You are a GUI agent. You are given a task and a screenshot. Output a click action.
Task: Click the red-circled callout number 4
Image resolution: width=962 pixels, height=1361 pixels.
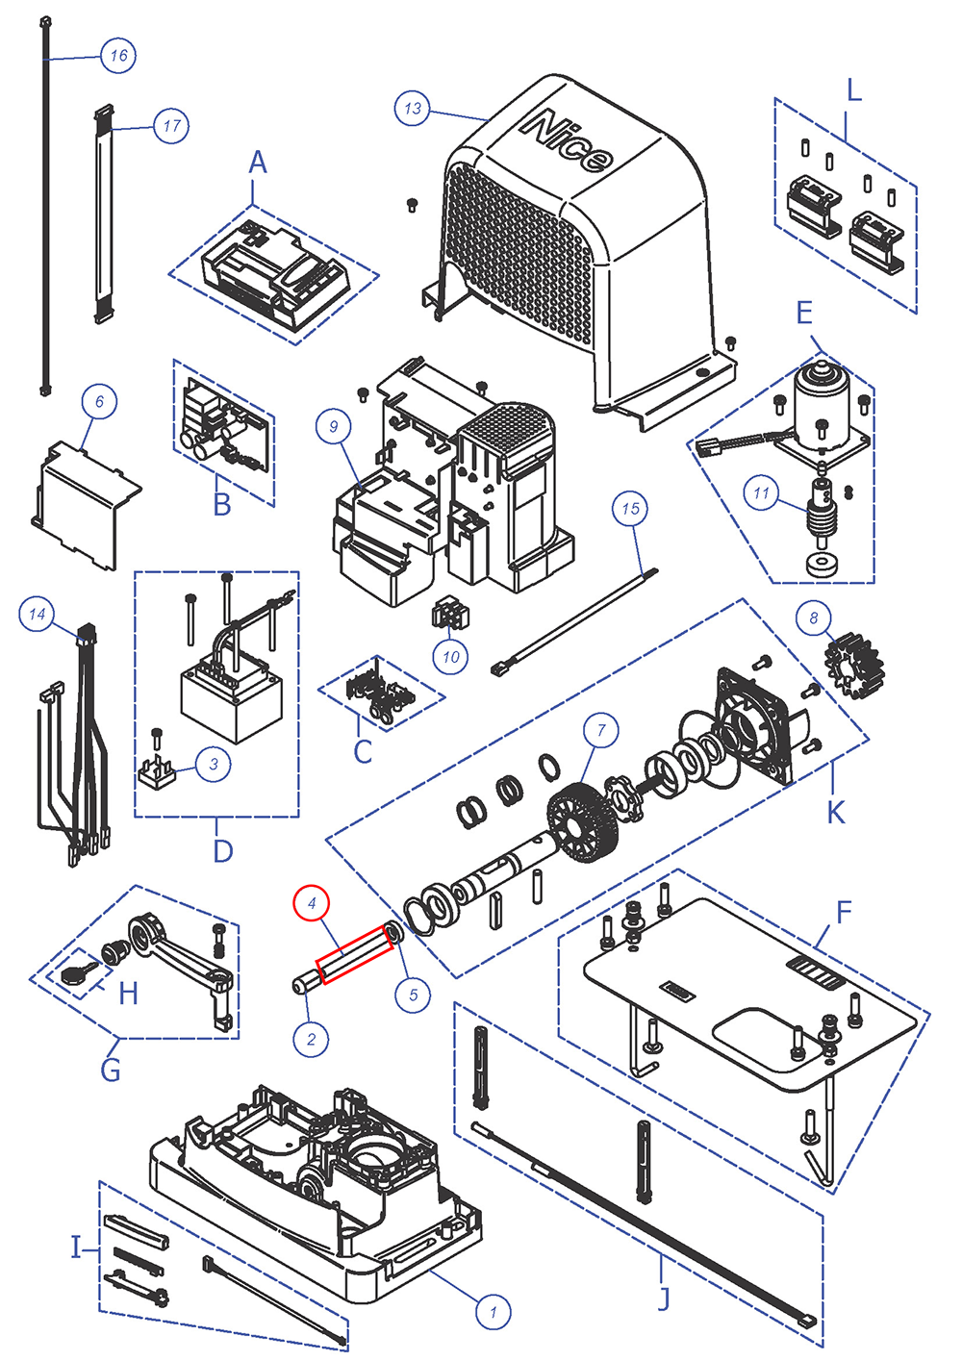[x=311, y=903]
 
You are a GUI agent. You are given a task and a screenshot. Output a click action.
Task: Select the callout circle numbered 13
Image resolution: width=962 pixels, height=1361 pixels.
[x=413, y=108]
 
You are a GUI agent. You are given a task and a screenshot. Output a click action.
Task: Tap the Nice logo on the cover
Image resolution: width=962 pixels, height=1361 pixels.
[x=567, y=140]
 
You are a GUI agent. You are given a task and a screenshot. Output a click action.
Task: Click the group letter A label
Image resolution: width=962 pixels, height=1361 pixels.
[x=257, y=164]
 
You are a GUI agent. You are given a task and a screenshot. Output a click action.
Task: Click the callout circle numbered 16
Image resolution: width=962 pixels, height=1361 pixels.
[x=118, y=55]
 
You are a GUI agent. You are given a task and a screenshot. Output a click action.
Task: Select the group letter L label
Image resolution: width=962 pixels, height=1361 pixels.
[x=853, y=91]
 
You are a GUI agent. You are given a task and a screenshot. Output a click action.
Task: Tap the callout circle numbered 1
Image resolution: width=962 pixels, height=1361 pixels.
[x=494, y=1311]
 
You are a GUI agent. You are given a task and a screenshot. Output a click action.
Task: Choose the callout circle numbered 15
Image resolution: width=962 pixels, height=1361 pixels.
[x=630, y=508]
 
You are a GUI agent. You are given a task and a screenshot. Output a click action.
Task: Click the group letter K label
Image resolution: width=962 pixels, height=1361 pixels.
[x=835, y=812]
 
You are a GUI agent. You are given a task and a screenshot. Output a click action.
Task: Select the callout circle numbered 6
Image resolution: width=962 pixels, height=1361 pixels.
[x=99, y=401]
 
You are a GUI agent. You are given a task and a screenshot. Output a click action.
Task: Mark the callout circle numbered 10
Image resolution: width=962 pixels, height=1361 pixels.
[x=451, y=657]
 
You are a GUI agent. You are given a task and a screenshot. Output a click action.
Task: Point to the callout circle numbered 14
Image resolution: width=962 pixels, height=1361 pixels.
[x=37, y=614]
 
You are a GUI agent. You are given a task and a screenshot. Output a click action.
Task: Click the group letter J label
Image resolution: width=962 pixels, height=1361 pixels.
[x=663, y=1298]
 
